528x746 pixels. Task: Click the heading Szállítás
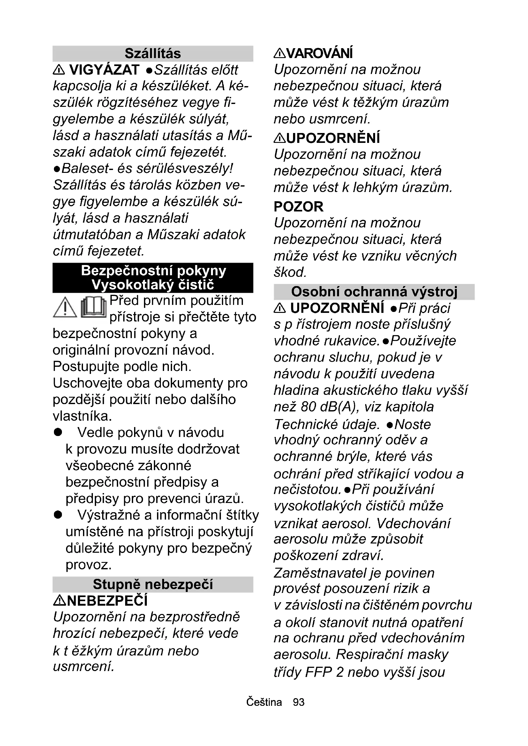[153, 54]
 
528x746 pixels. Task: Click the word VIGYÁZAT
[104, 70]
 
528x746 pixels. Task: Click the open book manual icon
[93, 307]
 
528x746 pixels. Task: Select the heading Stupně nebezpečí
[153, 585]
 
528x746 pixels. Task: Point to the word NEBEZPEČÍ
[107, 601]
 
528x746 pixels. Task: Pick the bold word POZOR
[298, 207]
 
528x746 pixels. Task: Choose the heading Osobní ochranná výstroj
[374, 292]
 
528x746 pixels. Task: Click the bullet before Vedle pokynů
[58, 432]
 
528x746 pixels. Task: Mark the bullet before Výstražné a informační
[58, 515]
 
